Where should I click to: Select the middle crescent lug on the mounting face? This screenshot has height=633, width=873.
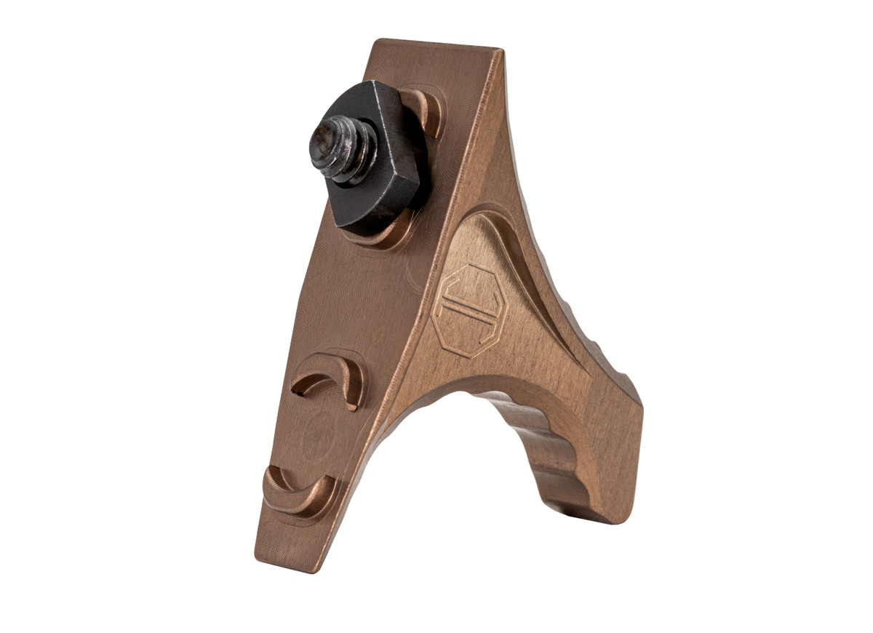[331, 375]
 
